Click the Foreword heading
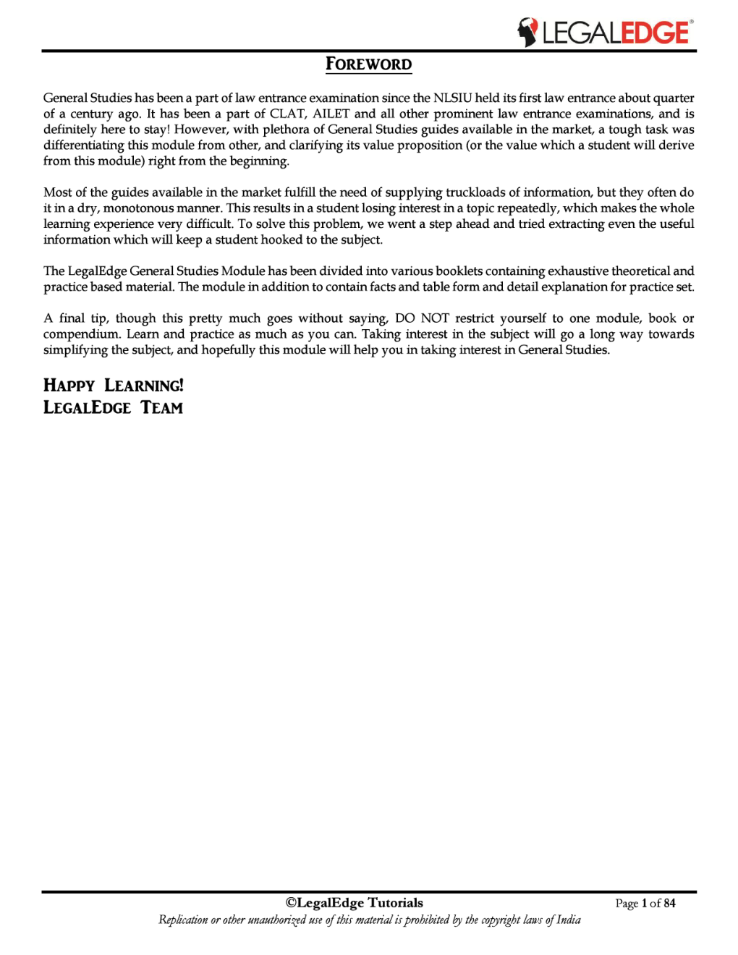point(368,64)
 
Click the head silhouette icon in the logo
point(527,33)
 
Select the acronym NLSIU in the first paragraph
point(452,98)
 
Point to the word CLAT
point(287,114)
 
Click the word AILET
point(331,114)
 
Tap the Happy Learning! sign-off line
point(114,386)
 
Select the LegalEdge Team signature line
point(113,408)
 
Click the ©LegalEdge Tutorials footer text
point(355,903)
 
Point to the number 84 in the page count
point(669,904)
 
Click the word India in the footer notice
point(568,920)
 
